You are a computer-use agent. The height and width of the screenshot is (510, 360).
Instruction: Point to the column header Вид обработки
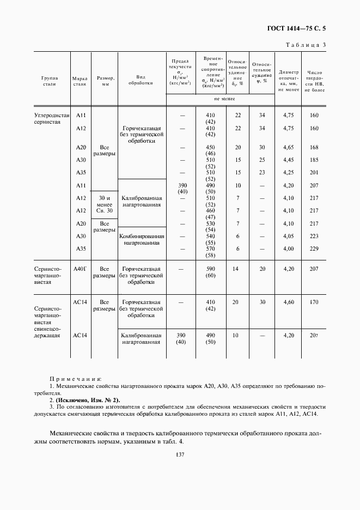click(141, 81)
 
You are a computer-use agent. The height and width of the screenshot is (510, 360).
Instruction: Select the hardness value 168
click(314, 148)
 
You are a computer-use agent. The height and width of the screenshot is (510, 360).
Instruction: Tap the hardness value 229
click(314, 248)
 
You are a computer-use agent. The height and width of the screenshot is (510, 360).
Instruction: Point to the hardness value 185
click(314, 160)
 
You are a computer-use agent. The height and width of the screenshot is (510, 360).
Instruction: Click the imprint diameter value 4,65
click(289, 148)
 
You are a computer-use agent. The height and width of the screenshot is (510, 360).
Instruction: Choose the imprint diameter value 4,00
click(289, 248)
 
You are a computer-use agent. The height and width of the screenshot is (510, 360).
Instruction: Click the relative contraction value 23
click(262, 173)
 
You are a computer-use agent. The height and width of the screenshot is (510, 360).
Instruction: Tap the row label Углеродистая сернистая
click(52, 119)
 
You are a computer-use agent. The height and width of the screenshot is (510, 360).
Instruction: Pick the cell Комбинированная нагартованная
click(142, 240)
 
